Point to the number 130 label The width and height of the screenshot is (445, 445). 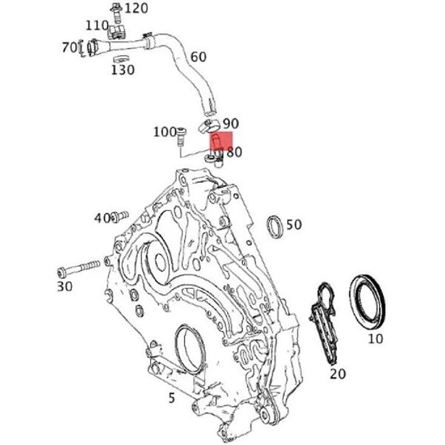(x=122, y=69)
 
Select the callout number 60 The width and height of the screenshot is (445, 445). (x=198, y=57)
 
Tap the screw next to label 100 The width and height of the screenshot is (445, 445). (x=180, y=135)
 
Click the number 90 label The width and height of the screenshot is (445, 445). (x=231, y=124)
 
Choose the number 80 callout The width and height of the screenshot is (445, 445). (x=234, y=152)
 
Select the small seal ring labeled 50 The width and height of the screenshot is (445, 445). (x=275, y=226)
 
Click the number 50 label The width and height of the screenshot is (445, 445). (x=294, y=225)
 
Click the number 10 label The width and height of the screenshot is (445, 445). (x=376, y=338)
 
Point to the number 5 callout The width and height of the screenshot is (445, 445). (x=172, y=398)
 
